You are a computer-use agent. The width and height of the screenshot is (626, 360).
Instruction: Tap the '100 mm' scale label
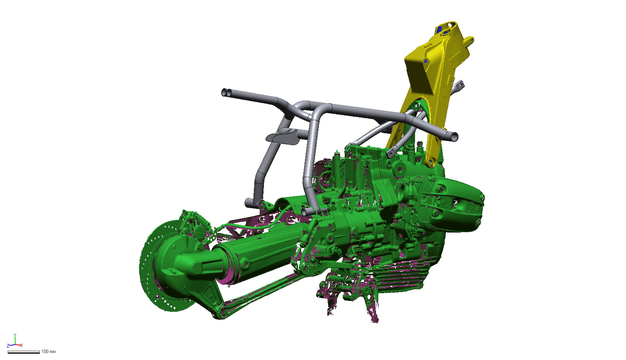(x=49, y=352)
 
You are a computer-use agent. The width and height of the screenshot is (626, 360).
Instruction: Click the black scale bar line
(x=24, y=352)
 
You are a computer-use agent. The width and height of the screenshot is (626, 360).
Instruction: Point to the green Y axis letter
(x=15, y=335)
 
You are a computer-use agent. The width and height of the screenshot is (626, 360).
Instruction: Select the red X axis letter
(x=21, y=345)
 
